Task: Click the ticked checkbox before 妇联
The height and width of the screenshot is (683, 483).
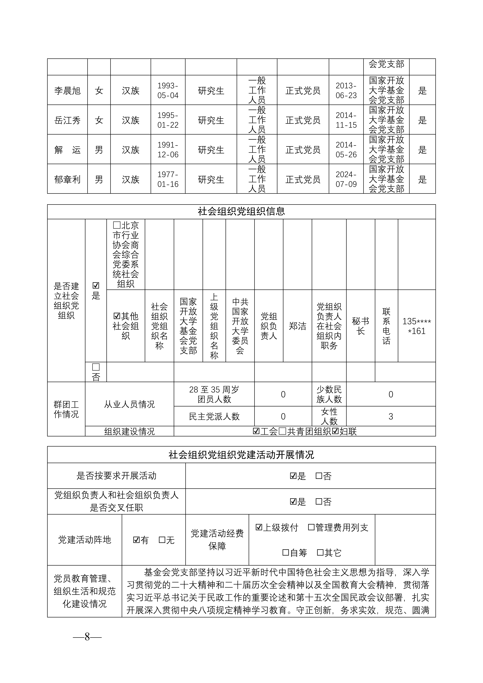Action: coord(335,431)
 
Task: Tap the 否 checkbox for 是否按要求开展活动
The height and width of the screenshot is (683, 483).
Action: coord(319,476)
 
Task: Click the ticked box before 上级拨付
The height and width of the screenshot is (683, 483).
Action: coord(259,527)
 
